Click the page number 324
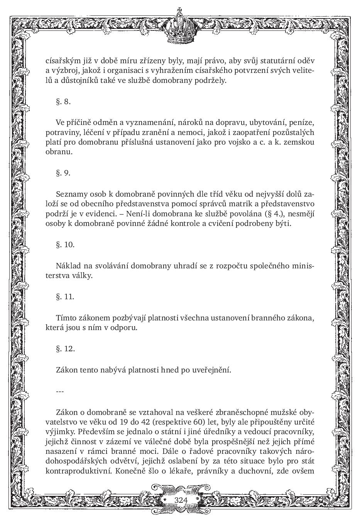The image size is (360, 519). (x=181, y=500)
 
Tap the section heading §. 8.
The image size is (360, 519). (x=63, y=102)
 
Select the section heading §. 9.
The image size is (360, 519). (x=63, y=173)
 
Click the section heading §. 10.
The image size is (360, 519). (x=65, y=244)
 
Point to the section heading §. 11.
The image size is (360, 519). (x=65, y=297)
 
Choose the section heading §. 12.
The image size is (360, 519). (x=65, y=349)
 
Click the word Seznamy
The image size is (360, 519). (x=70, y=194)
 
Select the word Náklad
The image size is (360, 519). (x=67, y=266)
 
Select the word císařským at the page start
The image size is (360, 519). (x=62, y=61)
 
